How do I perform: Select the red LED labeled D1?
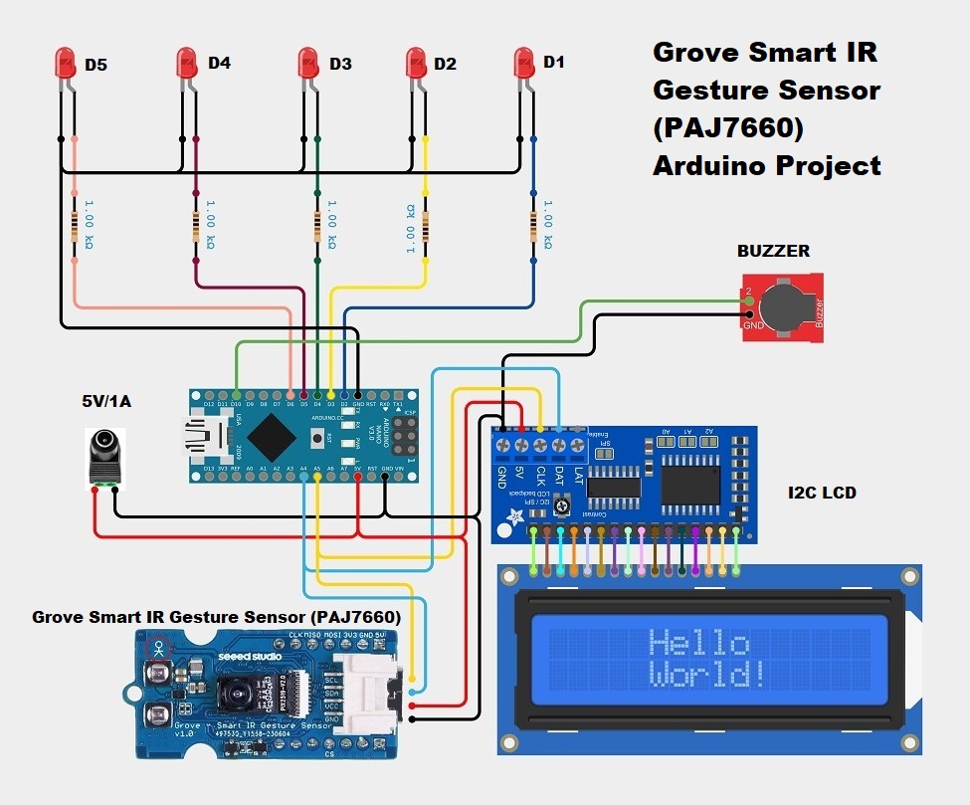pyautogui.click(x=523, y=66)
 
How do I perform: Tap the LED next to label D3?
pyautogui.click(x=310, y=67)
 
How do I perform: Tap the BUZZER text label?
pyautogui.click(x=773, y=251)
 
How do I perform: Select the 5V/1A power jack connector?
pyautogui.click(x=104, y=459)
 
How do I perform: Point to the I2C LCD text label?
pyautogui.click(x=822, y=493)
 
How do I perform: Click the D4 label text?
pyautogui.click(x=219, y=64)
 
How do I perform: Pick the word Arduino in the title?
pyautogui.click(x=712, y=165)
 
